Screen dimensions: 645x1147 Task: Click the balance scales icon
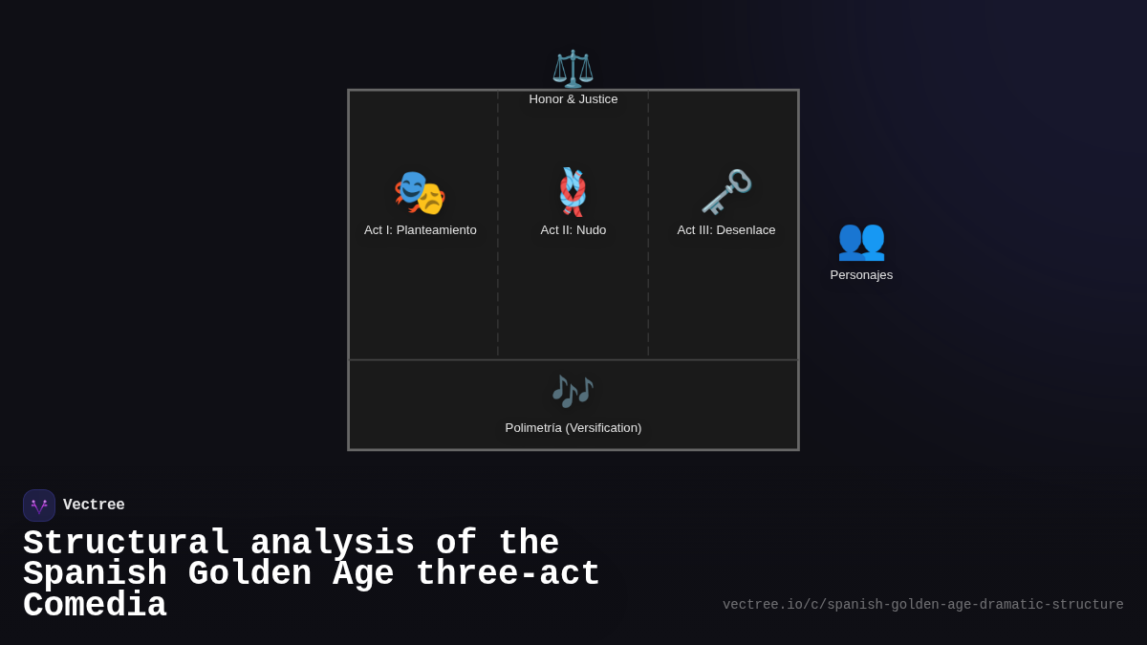(573, 69)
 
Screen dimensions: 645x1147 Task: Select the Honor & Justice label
(573, 99)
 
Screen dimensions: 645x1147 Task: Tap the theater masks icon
(420, 192)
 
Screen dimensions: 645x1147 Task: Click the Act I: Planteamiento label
(421, 230)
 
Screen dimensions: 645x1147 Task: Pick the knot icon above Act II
(573, 191)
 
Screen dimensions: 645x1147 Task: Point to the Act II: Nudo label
(573, 230)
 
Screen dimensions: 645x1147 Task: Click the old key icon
(726, 192)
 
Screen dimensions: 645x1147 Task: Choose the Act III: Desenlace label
(726, 230)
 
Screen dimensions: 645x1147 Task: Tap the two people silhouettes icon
(861, 239)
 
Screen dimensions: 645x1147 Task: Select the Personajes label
(861, 275)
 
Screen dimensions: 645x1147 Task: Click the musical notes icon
(573, 391)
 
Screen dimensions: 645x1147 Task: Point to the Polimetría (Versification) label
(573, 428)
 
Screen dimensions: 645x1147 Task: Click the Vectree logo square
(39, 505)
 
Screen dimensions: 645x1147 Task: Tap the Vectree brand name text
(94, 505)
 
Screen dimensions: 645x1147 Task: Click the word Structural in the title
(126, 544)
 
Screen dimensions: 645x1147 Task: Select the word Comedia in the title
(95, 606)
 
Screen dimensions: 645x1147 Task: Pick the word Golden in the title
(249, 574)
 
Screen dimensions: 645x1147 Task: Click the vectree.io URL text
(922, 605)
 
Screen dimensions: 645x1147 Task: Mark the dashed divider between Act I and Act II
(498, 287)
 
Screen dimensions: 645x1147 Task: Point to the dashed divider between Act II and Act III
(648, 287)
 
